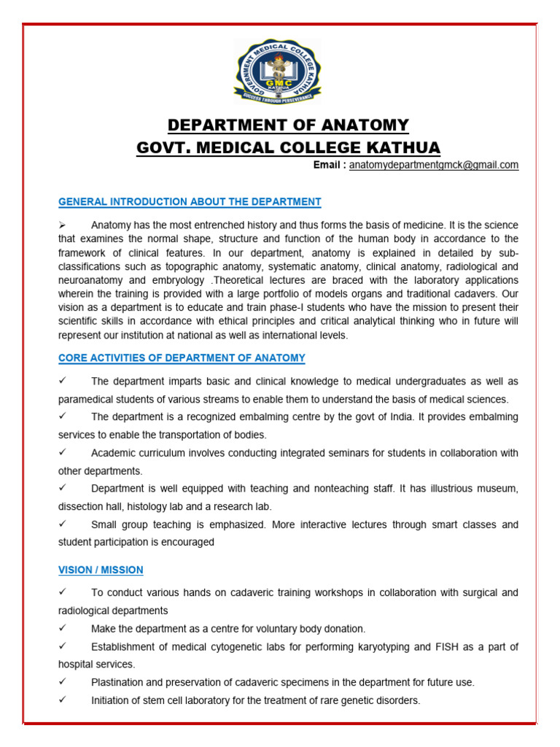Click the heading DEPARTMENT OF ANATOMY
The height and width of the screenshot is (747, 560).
click(x=289, y=125)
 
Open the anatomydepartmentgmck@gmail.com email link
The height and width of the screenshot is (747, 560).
click(x=434, y=166)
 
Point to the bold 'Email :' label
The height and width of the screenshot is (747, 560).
click(x=330, y=166)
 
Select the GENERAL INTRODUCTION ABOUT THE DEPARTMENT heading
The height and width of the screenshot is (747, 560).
click(x=190, y=202)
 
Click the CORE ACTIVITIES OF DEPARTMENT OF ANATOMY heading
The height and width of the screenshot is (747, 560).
click(x=182, y=358)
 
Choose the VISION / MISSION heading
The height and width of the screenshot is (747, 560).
click(x=101, y=570)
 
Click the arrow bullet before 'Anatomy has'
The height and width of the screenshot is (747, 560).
click(x=63, y=225)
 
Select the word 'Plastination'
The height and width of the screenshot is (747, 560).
click(x=120, y=683)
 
